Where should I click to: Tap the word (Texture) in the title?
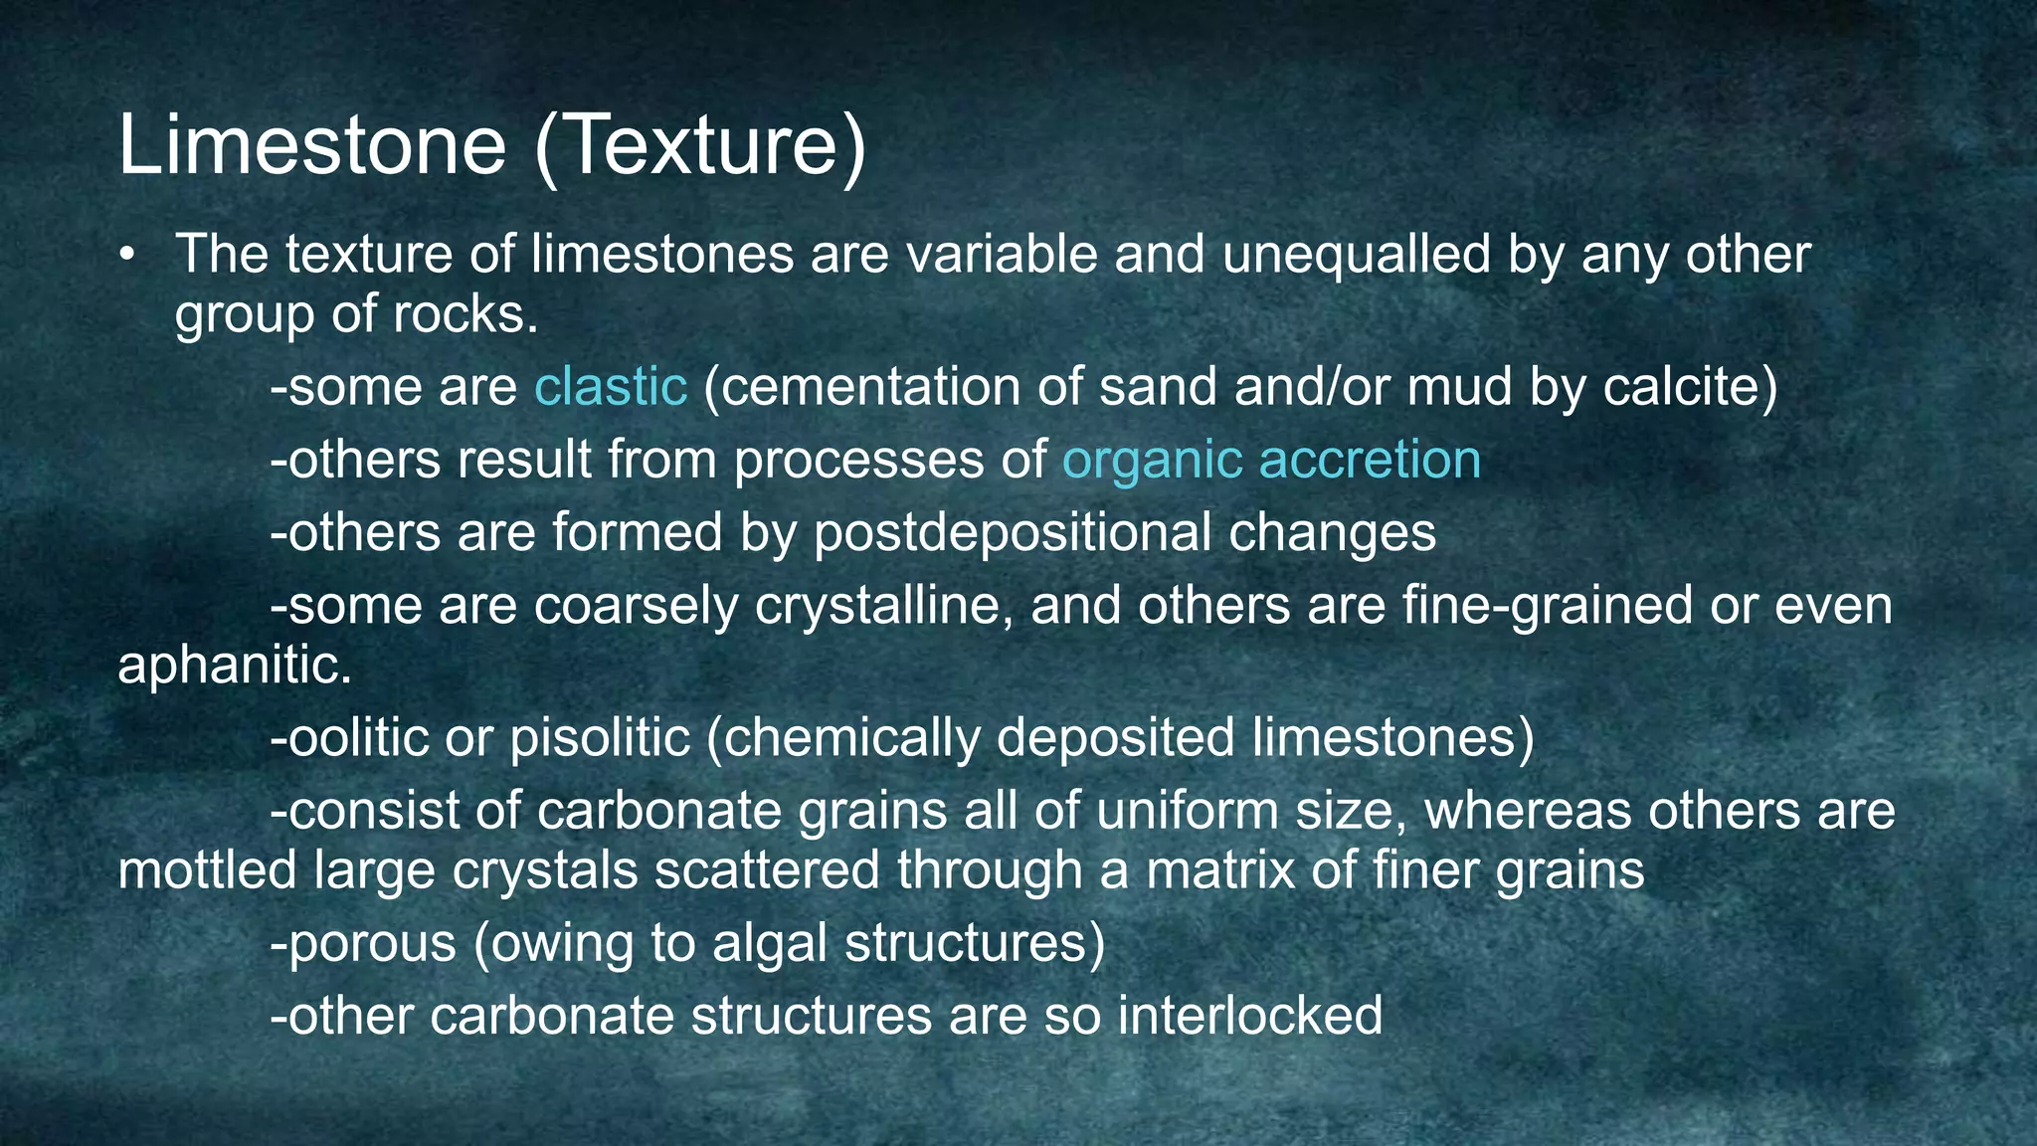click(700, 145)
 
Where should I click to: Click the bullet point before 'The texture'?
click(126, 257)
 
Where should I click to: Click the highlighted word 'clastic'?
click(611, 387)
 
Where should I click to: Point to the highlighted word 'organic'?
click(1153, 461)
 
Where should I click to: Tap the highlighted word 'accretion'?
click(1370, 461)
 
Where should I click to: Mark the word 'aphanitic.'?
click(235, 666)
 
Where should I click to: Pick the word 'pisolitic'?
click(600, 738)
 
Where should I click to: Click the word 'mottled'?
click(207, 870)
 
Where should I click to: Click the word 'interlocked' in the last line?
click(1249, 1016)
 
